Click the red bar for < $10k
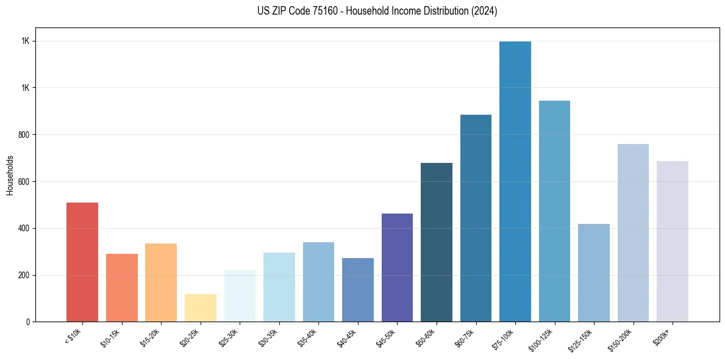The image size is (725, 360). coord(82,262)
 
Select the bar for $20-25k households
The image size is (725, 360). coord(200,308)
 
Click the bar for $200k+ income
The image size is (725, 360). coord(672,242)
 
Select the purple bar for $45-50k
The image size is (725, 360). coord(397,268)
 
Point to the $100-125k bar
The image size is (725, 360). coord(554,211)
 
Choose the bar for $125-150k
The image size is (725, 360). coord(593,273)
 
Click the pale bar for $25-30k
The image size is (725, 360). coord(240,296)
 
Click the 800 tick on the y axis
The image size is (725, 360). coord(25,135)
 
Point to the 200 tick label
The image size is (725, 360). coord(25,275)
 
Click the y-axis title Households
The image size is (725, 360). coord(10,175)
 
